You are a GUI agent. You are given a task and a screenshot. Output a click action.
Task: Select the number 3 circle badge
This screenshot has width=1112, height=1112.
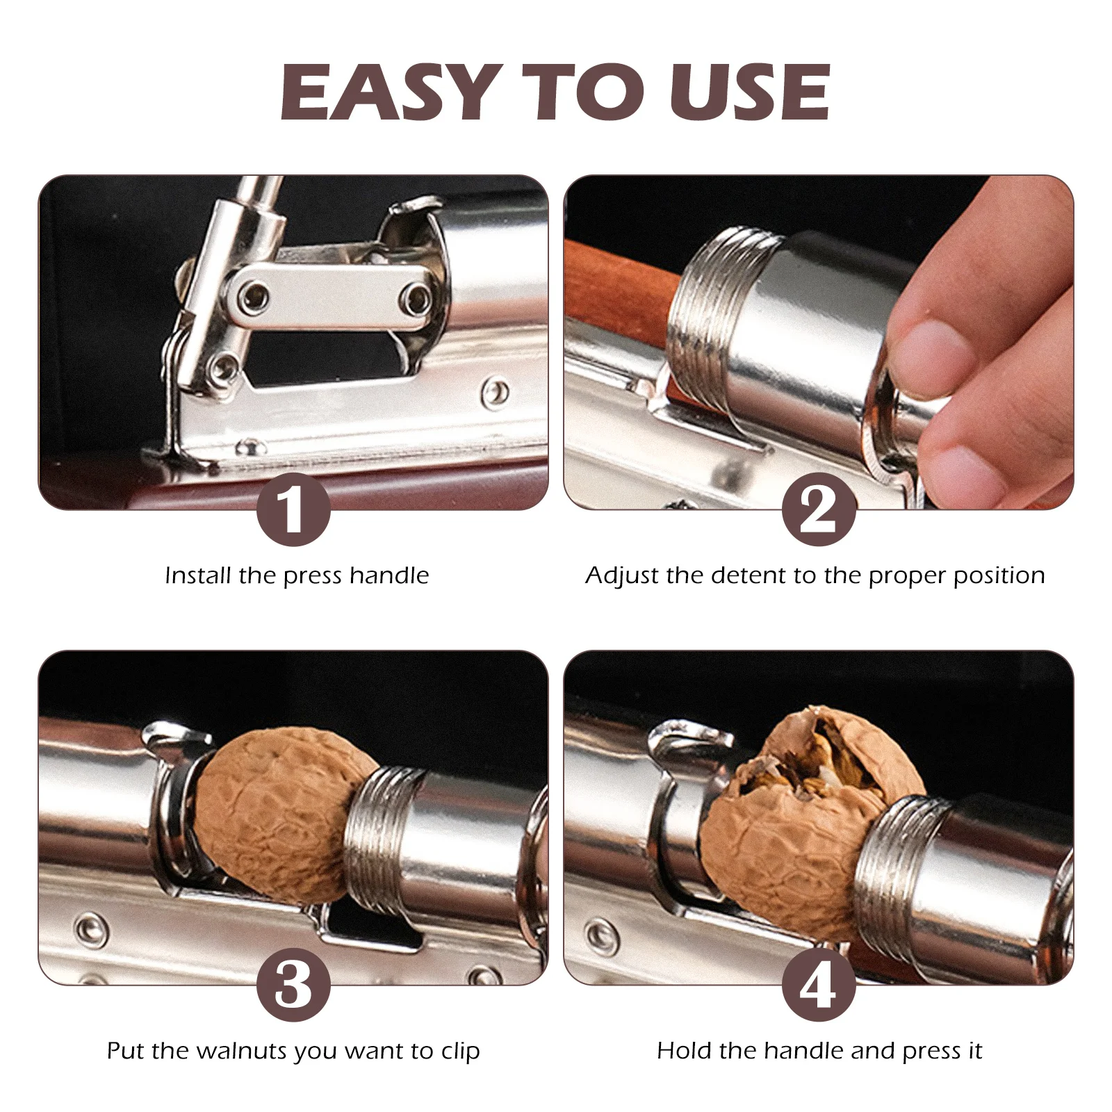(293, 985)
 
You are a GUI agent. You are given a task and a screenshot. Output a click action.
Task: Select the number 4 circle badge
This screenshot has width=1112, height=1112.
(818, 985)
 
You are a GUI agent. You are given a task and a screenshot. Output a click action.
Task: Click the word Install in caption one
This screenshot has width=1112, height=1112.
(199, 575)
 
